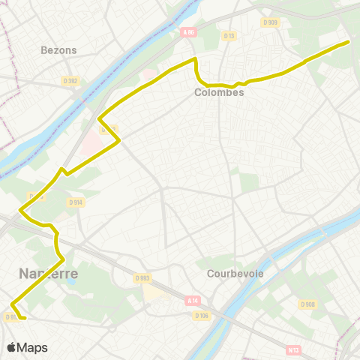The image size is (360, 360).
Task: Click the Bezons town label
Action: point(58,50)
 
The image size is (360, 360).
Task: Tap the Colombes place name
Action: point(219,92)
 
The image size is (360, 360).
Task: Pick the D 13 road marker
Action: point(229,34)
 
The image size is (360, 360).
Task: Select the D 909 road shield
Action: point(270,22)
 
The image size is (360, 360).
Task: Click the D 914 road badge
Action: point(75,202)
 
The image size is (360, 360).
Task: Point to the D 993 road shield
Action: point(142,278)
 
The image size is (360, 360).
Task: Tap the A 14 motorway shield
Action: point(192,300)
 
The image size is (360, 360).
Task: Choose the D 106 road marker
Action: point(200,316)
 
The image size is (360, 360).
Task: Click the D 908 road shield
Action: point(307,304)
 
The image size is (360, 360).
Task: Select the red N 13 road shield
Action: point(293,349)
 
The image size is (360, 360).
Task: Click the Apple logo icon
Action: point(11,347)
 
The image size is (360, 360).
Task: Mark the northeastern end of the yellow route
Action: point(349,41)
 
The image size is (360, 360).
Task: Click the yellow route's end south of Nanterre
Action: point(25,318)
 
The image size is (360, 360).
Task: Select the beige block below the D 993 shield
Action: point(154,291)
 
